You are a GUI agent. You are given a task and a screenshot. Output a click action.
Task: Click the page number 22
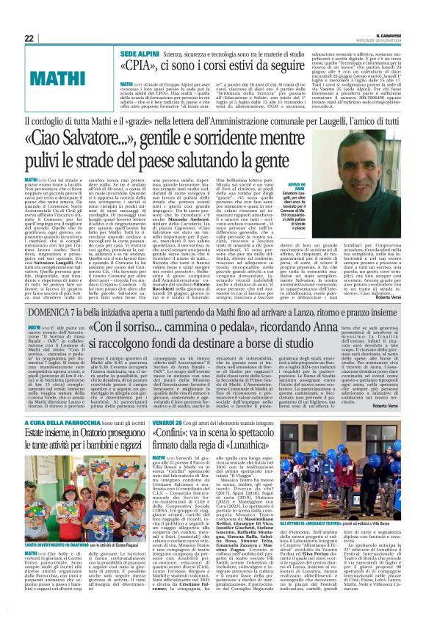[x=29, y=38]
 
